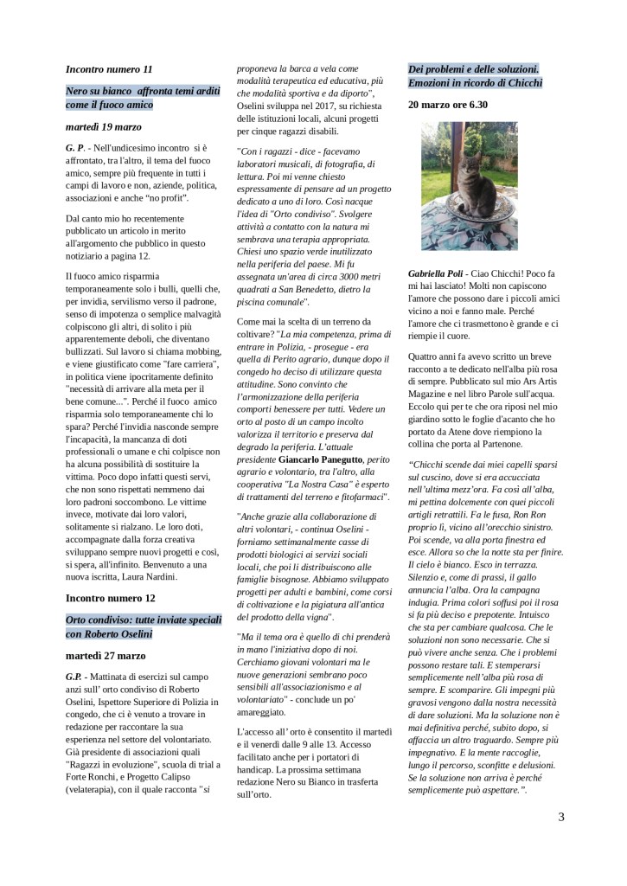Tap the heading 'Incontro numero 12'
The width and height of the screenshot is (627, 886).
(x=110, y=597)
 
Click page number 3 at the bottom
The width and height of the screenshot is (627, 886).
(x=561, y=816)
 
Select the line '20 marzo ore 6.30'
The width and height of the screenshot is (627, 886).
(x=448, y=105)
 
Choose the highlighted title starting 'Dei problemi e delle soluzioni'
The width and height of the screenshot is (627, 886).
(x=474, y=68)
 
